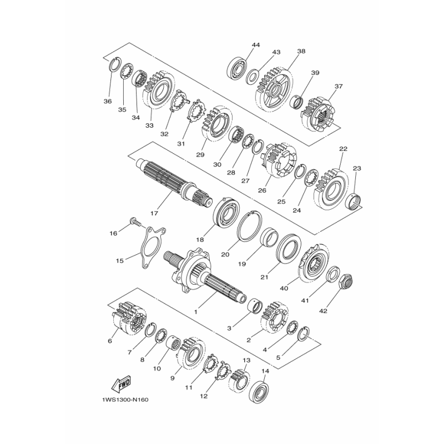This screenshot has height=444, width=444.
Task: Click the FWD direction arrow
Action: coord(121,386)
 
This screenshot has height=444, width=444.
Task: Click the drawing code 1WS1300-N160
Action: coord(125,400)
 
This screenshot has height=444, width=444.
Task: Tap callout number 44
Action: coord(256,45)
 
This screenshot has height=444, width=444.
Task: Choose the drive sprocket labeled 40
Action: coord(314,263)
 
